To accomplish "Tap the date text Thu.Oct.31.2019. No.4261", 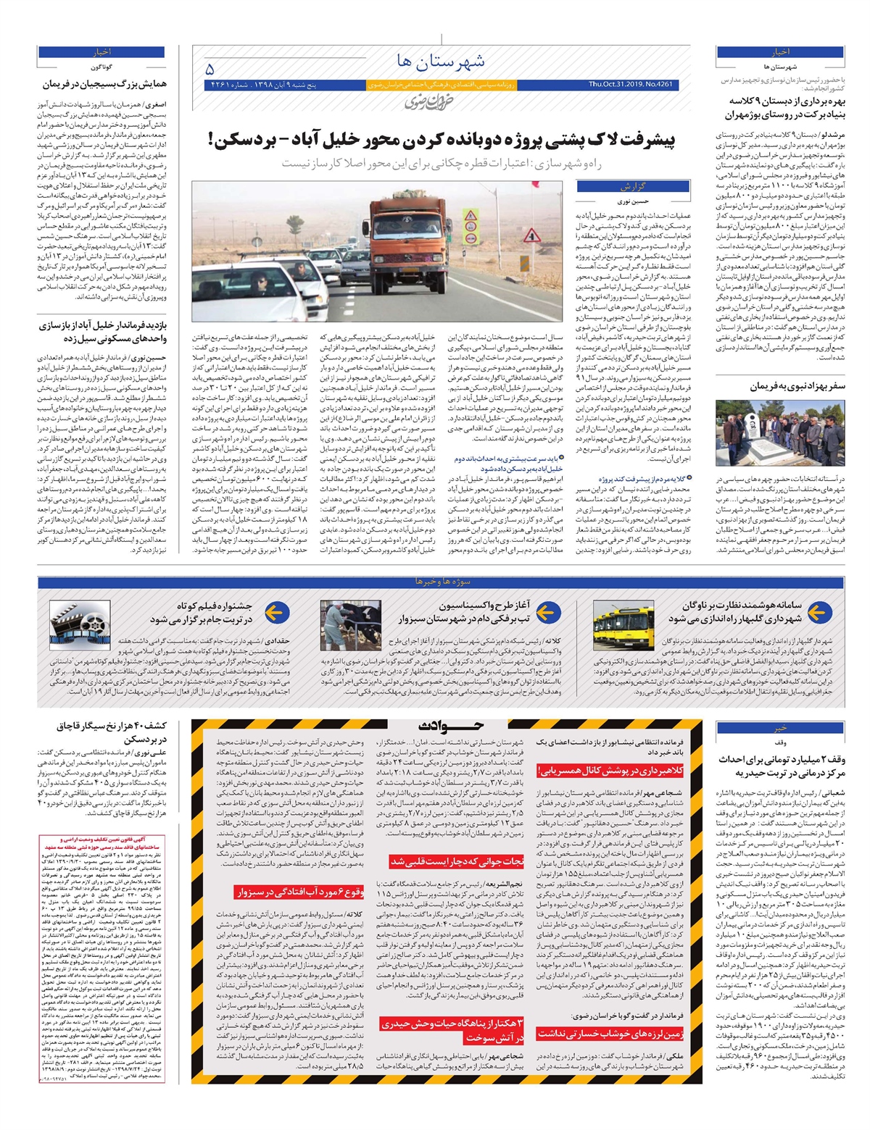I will (x=630, y=85).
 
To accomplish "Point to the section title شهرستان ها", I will (x=442, y=61).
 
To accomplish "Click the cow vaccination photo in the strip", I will (x=355, y=624).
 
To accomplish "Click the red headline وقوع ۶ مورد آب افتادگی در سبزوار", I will (x=299, y=892).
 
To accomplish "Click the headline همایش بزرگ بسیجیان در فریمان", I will (x=103, y=85).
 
